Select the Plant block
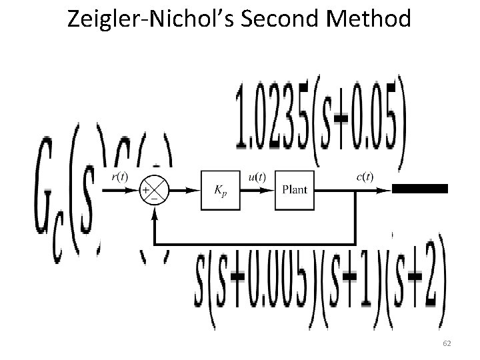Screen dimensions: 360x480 (x=294, y=190)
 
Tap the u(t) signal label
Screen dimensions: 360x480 (x=257, y=177)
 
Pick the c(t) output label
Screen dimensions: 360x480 (x=364, y=177)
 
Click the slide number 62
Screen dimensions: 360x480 (x=447, y=343)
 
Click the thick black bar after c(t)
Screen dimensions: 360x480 (x=419, y=189)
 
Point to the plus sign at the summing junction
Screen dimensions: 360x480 (x=145, y=190)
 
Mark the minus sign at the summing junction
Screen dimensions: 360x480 (x=154, y=198)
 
